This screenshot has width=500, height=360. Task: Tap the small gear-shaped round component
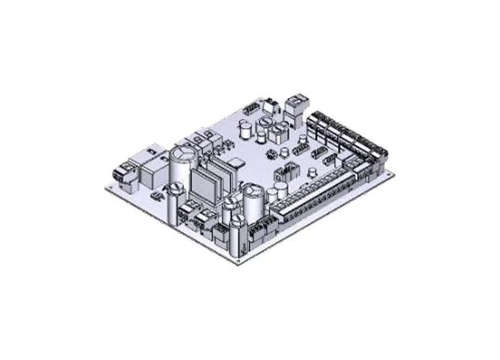[272, 154]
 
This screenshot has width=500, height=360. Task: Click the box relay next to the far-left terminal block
[151, 166]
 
